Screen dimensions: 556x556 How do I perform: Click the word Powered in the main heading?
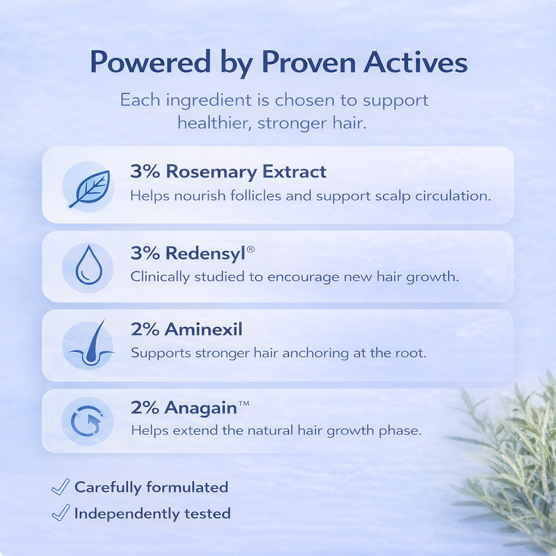pyautogui.click(x=149, y=63)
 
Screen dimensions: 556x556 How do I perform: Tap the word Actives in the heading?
pyautogui.click(x=415, y=63)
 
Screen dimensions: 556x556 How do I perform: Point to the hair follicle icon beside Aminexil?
pyautogui.click(x=87, y=345)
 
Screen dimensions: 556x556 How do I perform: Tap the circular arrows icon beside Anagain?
pyautogui.click(x=87, y=422)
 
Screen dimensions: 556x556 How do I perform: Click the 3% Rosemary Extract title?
pyautogui.click(x=228, y=172)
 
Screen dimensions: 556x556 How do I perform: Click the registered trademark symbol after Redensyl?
pyautogui.click(x=251, y=248)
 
